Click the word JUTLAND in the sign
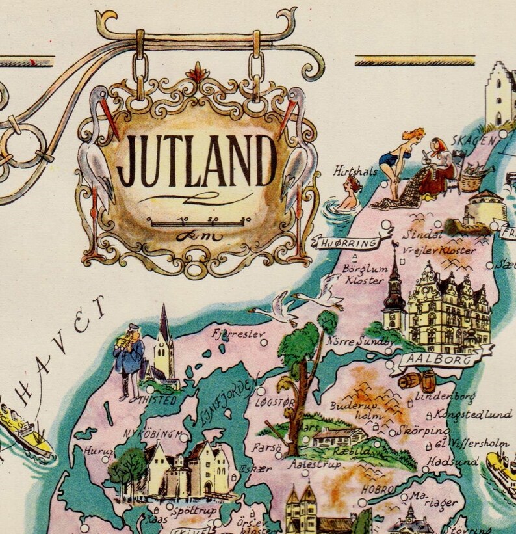[x=197, y=160]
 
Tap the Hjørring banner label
[x=347, y=243]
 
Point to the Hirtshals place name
[x=355, y=171]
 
